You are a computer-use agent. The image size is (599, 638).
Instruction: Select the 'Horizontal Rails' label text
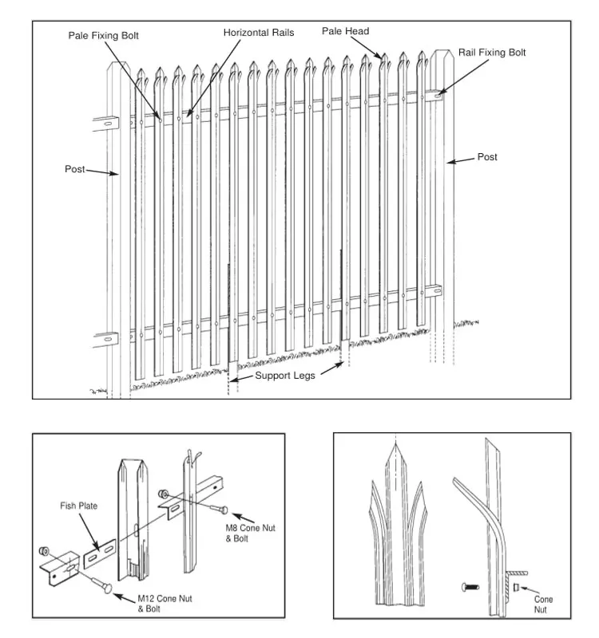click(x=258, y=33)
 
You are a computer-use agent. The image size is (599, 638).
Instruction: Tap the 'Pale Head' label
click(x=345, y=31)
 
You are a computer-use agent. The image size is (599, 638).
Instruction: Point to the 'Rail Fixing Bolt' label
click(x=492, y=53)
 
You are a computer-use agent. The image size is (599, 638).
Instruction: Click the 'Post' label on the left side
click(x=74, y=169)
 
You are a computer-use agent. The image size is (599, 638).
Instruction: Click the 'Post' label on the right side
click(x=487, y=157)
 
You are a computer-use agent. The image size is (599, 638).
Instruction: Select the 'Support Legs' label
click(x=284, y=375)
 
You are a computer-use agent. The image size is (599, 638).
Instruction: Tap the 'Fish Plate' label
click(x=78, y=506)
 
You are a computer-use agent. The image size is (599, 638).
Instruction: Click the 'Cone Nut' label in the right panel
click(x=543, y=605)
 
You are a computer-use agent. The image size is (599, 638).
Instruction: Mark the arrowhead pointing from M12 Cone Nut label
click(x=118, y=595)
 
